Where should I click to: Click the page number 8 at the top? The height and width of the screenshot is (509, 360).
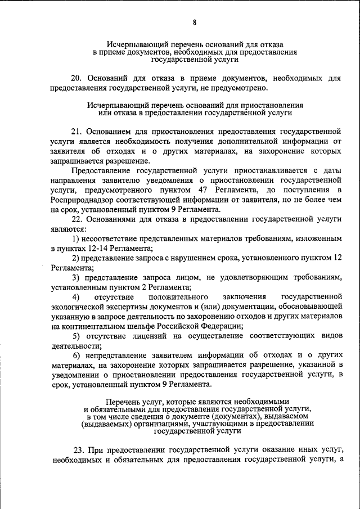pyautogui.click(x=195, y=22)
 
